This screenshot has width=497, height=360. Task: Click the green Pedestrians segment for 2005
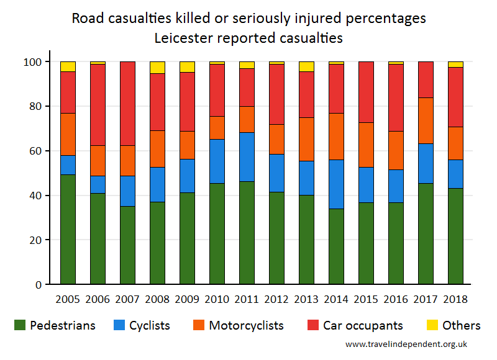[x=68, y=229]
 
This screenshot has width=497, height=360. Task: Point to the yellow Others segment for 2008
[x=157, y=68]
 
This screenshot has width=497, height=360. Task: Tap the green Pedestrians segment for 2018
[x=455, y=236]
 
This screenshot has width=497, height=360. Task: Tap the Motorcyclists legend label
[x=246, y=325]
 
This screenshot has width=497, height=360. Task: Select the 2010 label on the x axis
[x=217, y=299]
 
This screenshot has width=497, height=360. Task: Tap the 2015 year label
[x=366, y=299]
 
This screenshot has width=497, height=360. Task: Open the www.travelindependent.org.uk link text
[x=406, y=344]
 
